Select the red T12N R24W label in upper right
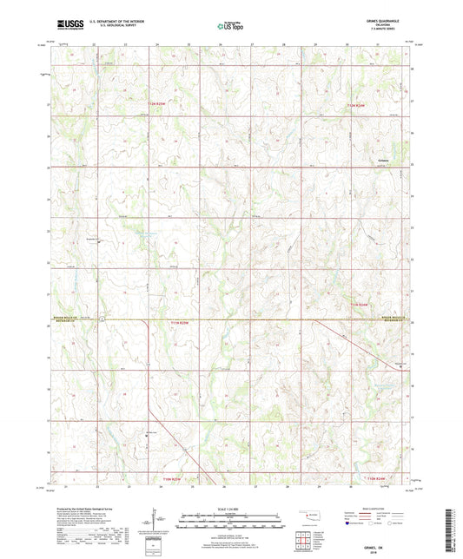pos(357,104)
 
